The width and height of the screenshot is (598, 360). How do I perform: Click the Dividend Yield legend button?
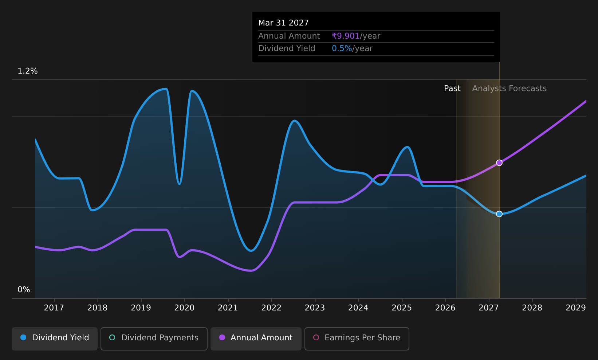[55, 339]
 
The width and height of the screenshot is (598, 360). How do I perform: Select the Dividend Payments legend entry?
[154, 339]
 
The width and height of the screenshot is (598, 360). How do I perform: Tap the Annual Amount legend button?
[256, 339]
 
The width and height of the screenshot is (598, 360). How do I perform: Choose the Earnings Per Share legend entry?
[357, 339]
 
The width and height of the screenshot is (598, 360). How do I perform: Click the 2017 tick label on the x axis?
[54, 308]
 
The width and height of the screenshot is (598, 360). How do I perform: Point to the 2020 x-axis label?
[185, 308]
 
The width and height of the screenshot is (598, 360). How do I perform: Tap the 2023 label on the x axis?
[315, 308]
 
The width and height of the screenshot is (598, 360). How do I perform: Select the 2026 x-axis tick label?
[445, 308]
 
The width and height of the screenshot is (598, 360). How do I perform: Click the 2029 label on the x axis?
[576, 308]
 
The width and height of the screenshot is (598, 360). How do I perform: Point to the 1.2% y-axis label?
[28, 71]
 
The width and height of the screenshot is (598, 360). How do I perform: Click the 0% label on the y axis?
[24, 290]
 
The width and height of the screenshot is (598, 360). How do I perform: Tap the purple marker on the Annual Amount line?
[499, 163]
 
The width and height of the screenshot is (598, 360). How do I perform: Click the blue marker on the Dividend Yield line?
[499, 214]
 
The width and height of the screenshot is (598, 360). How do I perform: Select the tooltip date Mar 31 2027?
[283, 23]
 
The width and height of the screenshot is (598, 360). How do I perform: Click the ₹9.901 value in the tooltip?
[346, 36]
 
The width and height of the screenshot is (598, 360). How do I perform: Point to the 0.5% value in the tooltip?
[342, 48]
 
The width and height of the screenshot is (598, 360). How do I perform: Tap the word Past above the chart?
[452, 89]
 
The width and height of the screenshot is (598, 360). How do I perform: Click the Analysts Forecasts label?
[510, 89]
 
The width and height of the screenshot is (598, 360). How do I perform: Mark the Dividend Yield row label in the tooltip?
[287, 48]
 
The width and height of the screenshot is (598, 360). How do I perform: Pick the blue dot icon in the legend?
[23, 337]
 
